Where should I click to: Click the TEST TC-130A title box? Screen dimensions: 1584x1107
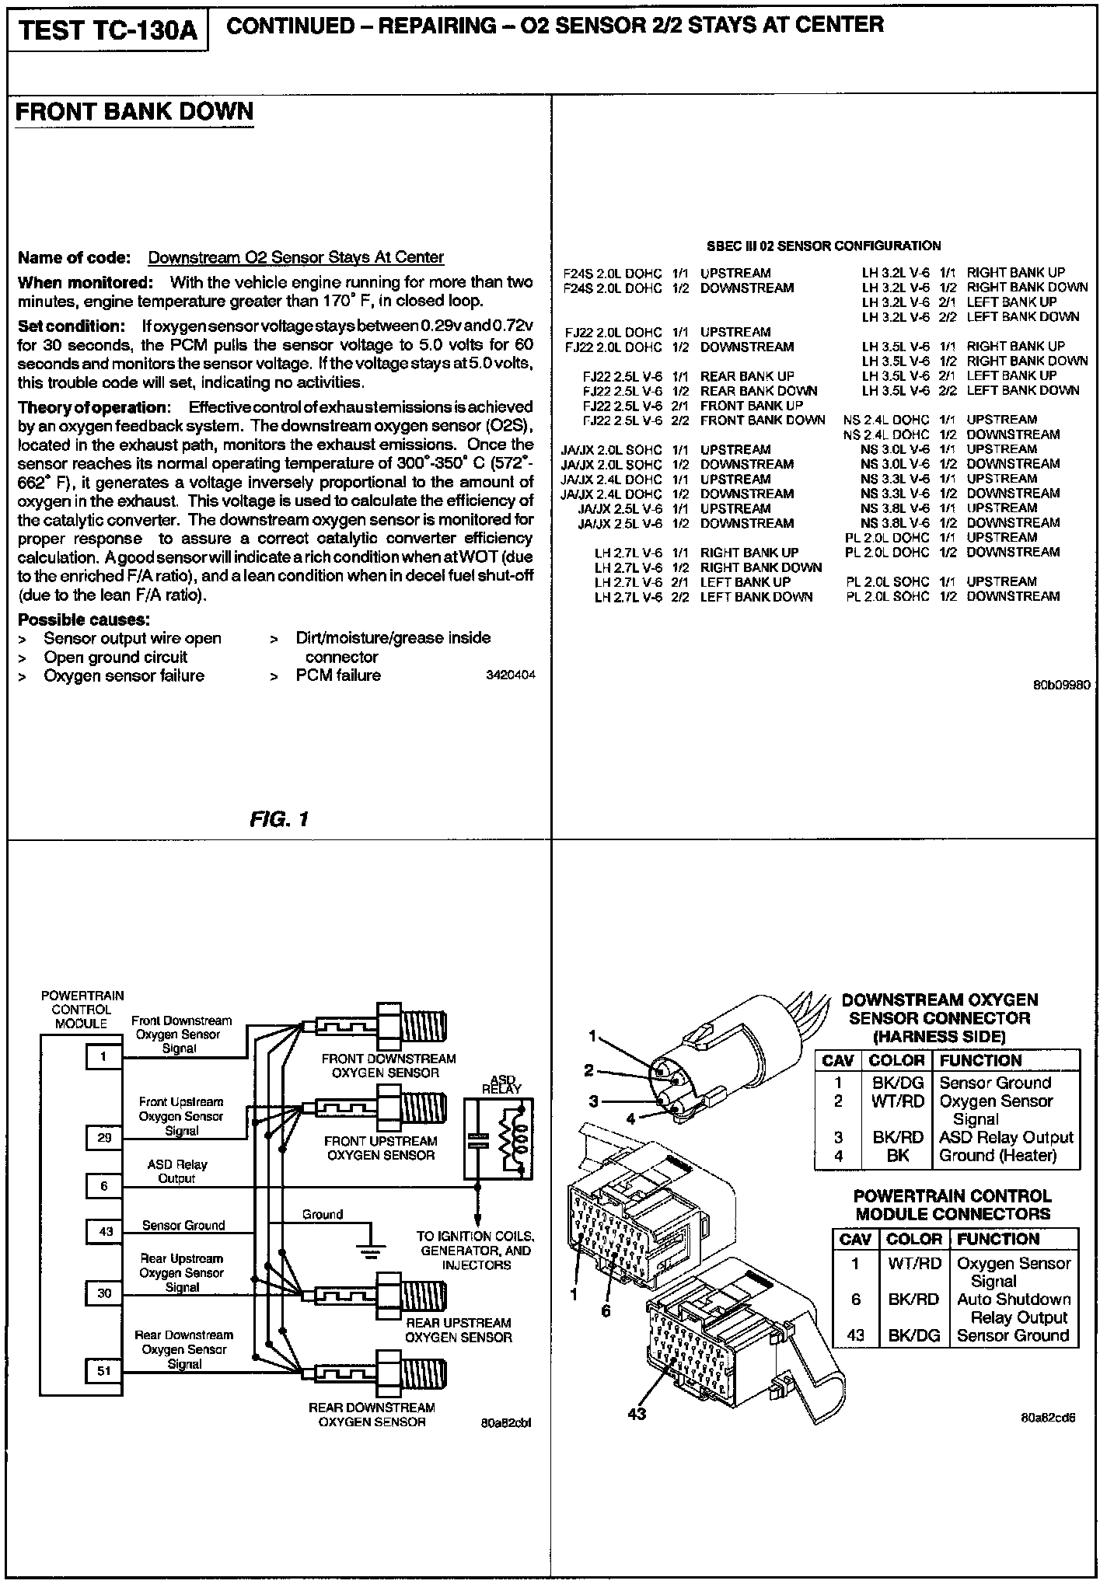click(108, 32)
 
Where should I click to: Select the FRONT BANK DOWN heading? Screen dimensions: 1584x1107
click(134, 112)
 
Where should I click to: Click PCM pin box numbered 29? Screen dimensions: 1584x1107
click(104, 1138)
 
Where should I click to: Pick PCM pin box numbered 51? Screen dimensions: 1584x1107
click(104, 1371)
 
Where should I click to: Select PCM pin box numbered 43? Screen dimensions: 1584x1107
click(104, 1231)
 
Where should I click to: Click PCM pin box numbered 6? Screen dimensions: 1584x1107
click(104, 1186)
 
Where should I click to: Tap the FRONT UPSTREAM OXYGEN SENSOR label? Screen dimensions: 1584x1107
click(380, 1148)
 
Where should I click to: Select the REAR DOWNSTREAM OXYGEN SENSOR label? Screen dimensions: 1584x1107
click(372, 1415)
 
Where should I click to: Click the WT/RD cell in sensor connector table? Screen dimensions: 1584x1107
click(897, 1101)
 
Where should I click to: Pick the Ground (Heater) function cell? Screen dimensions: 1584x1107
click(998, 1156)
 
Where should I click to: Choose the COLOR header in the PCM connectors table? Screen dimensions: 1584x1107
click(913, 1239)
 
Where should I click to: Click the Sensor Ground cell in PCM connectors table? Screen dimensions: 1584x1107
click(1013, 1335)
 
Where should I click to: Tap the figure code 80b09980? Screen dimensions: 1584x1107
click(1061, 686)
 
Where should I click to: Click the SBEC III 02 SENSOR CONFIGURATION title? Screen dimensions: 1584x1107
click(823, 246)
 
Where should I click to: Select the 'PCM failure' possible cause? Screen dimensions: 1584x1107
click(338, 675)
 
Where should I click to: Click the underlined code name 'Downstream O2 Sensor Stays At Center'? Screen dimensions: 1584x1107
click(295, 257)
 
